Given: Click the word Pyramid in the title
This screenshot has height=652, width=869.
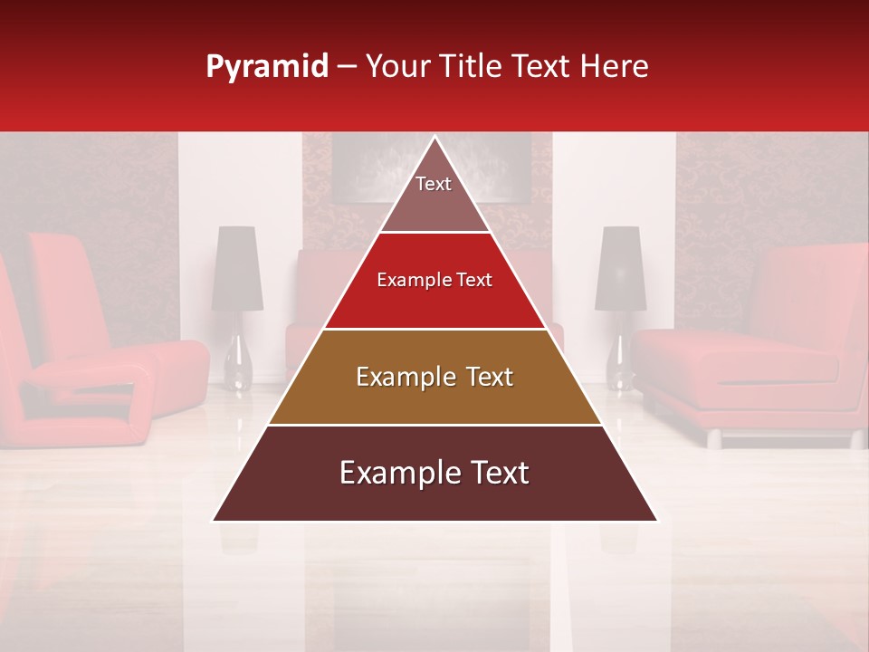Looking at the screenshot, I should tap(267, 67).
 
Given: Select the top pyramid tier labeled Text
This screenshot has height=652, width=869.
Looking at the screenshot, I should tap(434, 195).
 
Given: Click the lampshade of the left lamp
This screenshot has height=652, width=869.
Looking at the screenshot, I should tap(237, 268).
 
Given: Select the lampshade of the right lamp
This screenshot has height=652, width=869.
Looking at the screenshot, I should tap(618, 268).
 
